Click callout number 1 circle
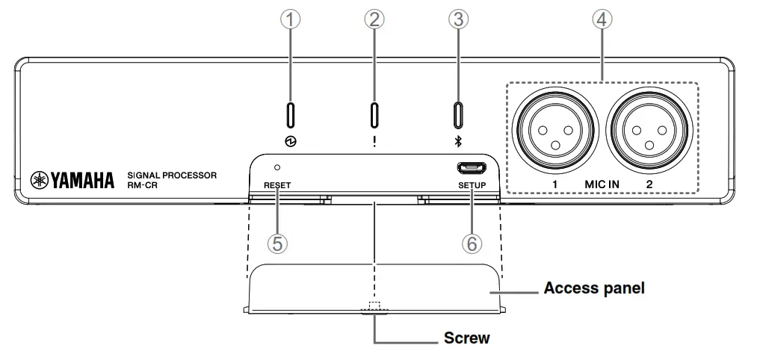click(291, 20)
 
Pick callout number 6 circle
click(472, 243)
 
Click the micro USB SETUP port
click(472, 168)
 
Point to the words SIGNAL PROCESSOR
click(172, 175)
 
